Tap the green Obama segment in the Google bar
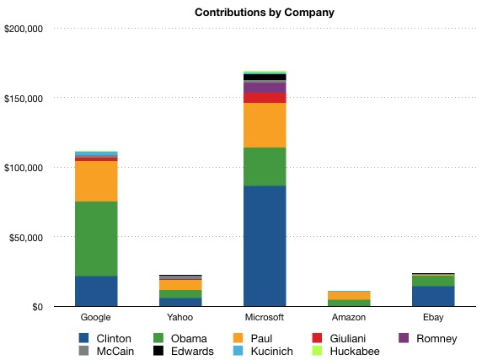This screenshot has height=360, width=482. pyautogui.click(x=96, y=239)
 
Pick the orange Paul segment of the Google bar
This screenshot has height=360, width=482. pyautogui.click(x=96, y=180)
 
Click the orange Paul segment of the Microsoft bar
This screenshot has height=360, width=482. pyautogui.click(x=265, y=125)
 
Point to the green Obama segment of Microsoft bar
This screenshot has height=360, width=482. pyautogui.click(x=265, y=166)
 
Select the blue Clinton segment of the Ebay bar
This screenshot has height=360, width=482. pyautogui.click(x=433, y=296)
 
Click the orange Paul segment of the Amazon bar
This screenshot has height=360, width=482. pyautogui.click(x=349, y=295)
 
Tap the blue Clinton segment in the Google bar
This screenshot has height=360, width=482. pyautogui.click(x=96, y=291)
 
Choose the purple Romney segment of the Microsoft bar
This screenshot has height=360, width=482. pyautogui.click(x=265, y=87)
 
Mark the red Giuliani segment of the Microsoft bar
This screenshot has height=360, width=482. pyautogui.click(x=265, y=97)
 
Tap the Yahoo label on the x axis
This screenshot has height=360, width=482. pyautogui.click(x=180, y=318)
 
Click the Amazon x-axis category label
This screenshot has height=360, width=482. pyautogui.click(x=349, y=318)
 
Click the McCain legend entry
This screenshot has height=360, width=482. pyautogui.click(x=109, y=351)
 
